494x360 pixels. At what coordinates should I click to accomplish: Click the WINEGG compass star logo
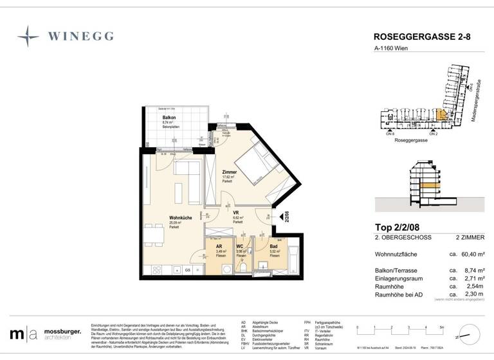28,37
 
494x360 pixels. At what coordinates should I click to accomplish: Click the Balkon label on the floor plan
169,118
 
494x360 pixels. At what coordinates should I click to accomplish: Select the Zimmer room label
229,173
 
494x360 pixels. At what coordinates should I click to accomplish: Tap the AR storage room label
219,247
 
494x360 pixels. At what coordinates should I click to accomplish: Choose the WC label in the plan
241,247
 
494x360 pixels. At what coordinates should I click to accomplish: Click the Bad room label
273,247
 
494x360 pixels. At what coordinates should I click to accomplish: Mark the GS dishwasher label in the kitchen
188,271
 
